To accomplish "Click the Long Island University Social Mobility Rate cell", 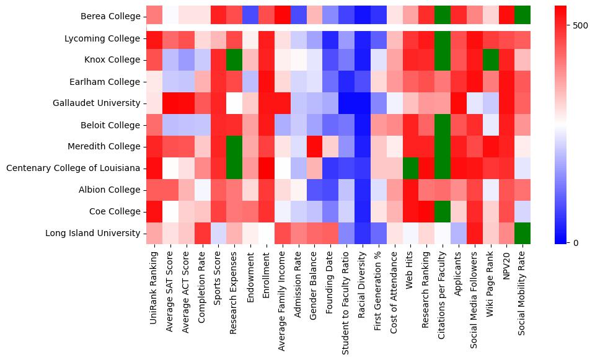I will [522, 234].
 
